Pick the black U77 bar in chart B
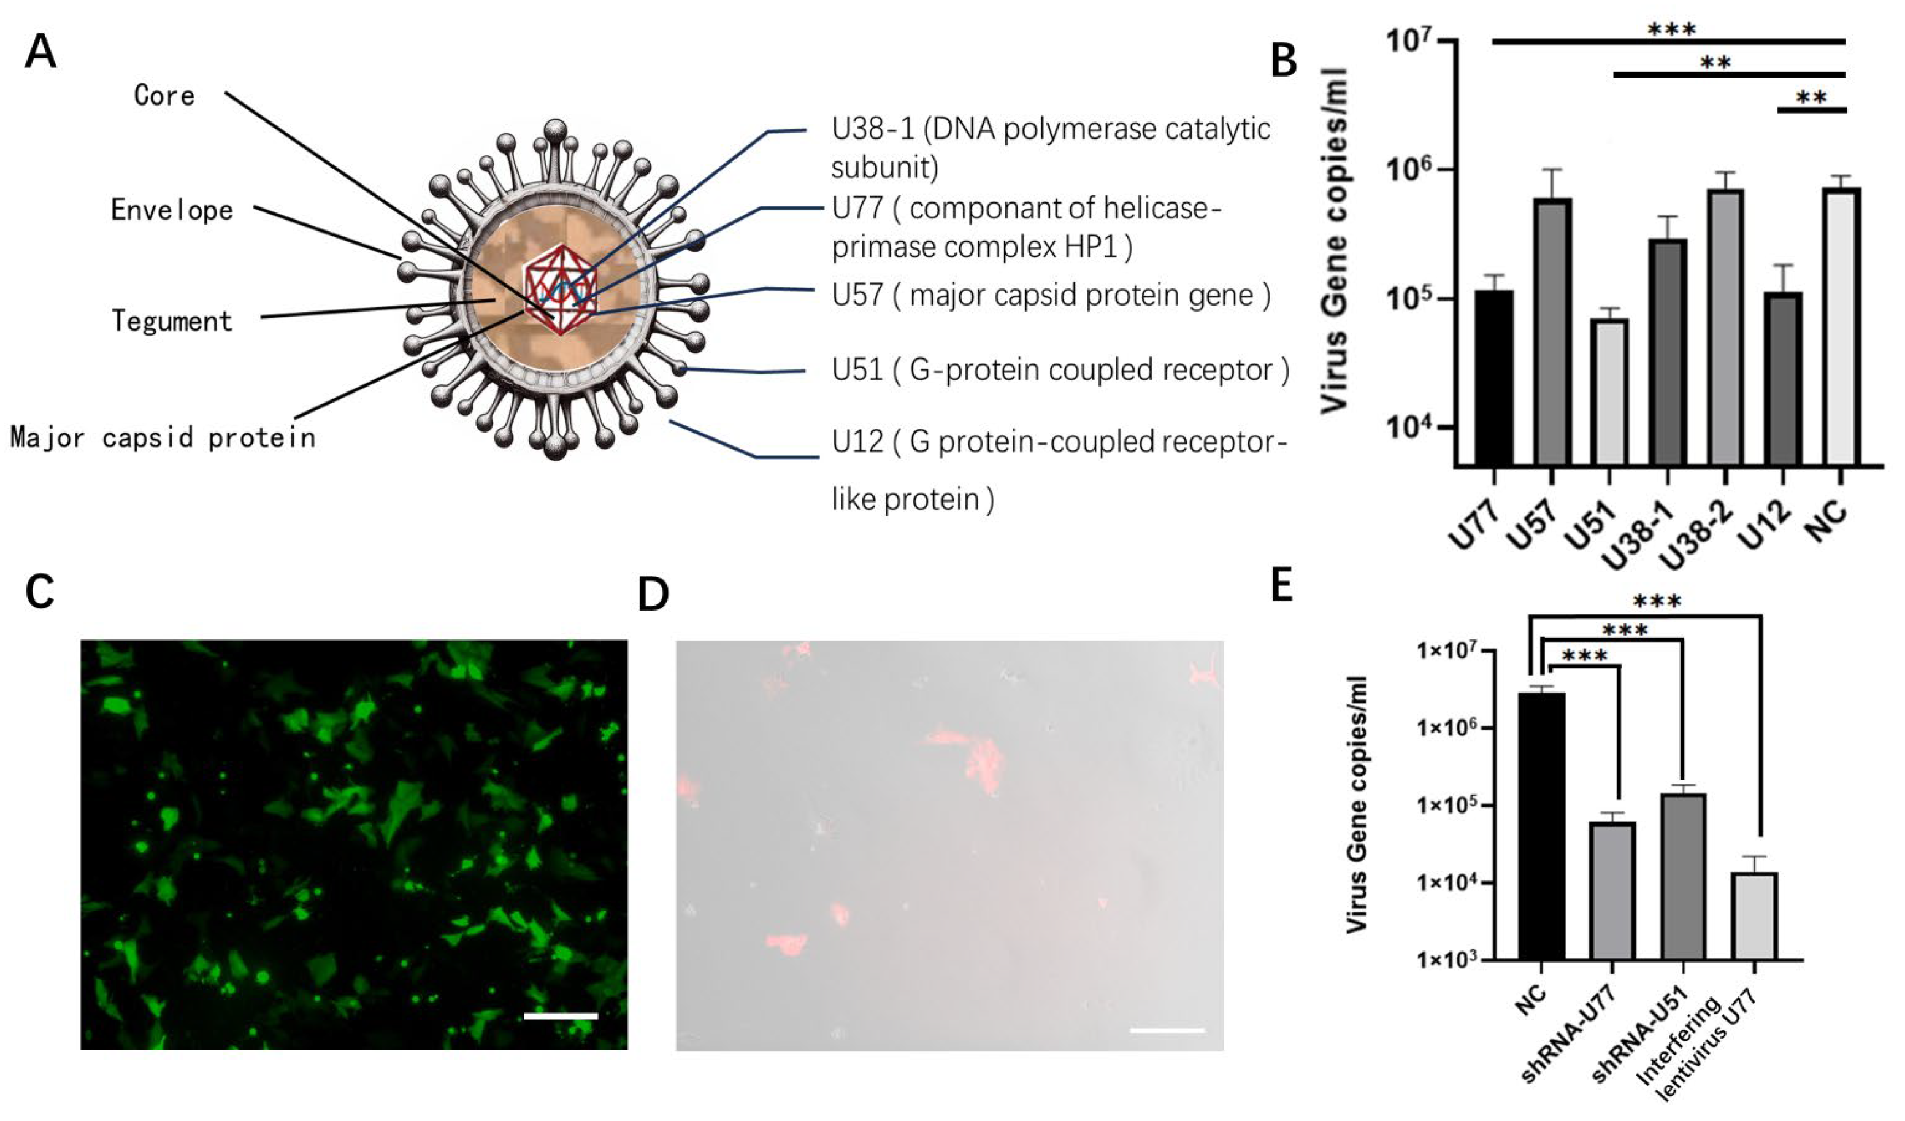pos(1493,378)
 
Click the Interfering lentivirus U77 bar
pos(1755,916)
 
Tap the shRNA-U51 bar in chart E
pos(1684,877)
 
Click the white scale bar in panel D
pos(1167,1030)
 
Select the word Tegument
pos(172,322)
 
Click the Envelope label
pos(172,210)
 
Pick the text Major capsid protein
pos(163,438)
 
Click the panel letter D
pos(653,596)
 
